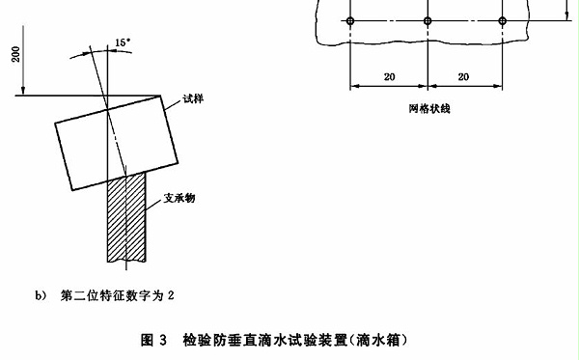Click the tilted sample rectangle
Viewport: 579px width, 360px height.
click(x=116, y=140)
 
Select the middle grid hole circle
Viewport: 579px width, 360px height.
click(x=427, y=20)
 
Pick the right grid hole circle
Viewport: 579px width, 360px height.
click(x=502, y=20)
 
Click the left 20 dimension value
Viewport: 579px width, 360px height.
click(x=388, y=76)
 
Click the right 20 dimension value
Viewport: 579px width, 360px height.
click(x=464, y=76)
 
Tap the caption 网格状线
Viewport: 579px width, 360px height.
click(x=427, y=108)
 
